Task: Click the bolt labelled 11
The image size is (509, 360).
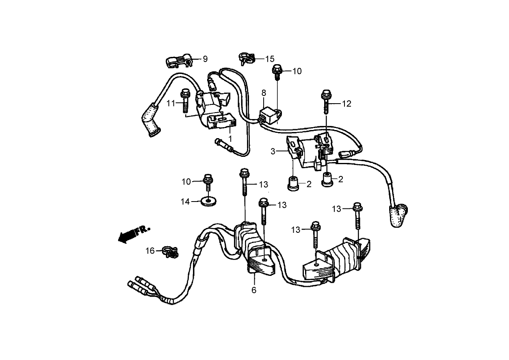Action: point(185,100)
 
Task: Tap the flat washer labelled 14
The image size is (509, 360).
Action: point(209,201)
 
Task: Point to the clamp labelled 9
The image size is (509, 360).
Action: point(178,61)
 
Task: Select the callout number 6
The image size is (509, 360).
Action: point(254,290)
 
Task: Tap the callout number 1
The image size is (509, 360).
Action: point(230,139)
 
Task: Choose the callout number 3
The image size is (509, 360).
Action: point(273,151)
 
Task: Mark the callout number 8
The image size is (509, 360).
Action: point(263,93)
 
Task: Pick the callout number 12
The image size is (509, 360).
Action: point(346,104)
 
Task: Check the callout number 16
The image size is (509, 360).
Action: point(150,251)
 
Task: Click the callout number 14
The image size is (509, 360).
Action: point(185,202)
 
